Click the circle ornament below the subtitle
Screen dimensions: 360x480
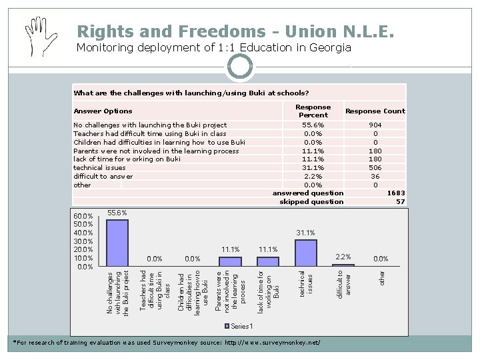(x=240, y=66)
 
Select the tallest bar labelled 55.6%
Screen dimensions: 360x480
(x=117, y=243)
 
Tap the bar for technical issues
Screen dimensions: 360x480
(x=306, y=253)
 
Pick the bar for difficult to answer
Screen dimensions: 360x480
(x=343, y=265)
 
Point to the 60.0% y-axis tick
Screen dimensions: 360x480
(x=83, y=216)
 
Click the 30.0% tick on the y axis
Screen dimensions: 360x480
(x=83, y=241)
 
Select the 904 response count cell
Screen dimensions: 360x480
(x=375, y=125)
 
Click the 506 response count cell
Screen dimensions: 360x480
(x=375, y=168)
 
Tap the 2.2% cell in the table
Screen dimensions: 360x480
(x=313, y=177)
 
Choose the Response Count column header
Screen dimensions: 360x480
(x=375, y=111)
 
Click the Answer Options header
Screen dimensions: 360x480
(x=103, y=111)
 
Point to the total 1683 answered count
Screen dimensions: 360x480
(x=396, y=193)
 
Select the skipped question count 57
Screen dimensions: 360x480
(x=400, y=201)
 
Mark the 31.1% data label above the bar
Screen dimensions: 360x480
(x=305, y=233)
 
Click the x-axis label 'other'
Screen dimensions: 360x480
(x=381, y=278)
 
